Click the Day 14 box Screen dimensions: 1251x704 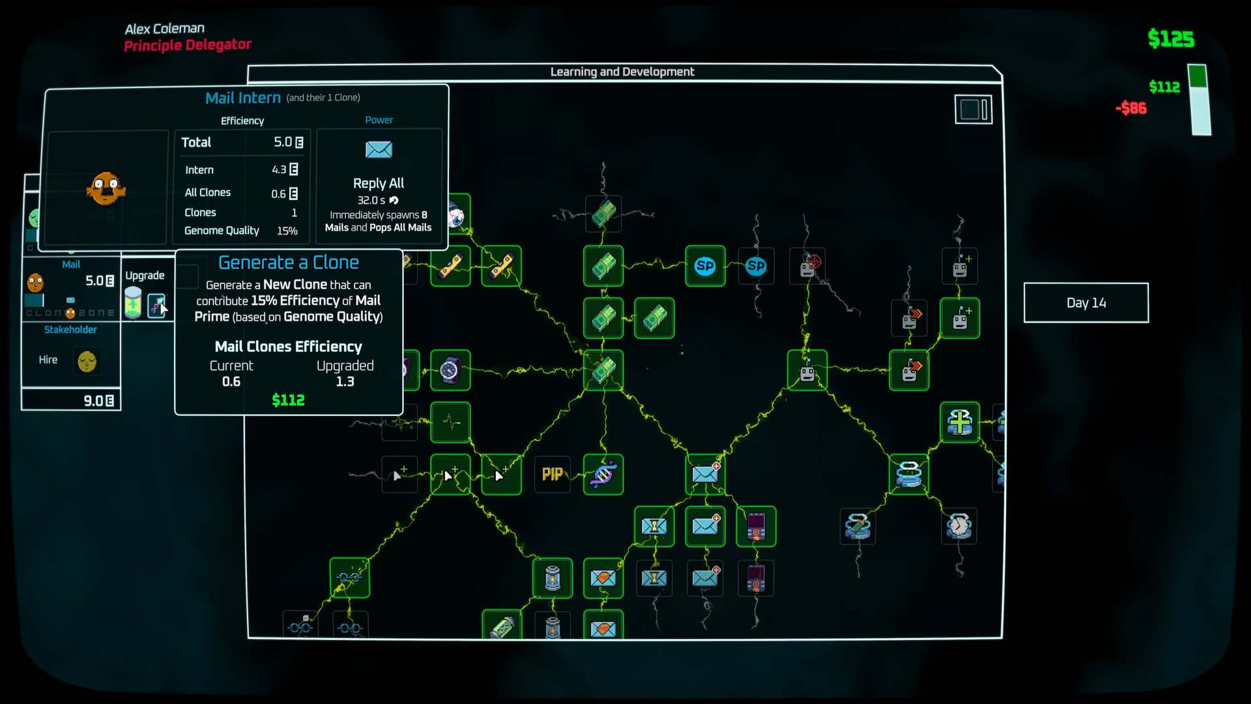tap(1086, 302)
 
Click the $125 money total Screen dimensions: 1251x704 tap(1171, 39)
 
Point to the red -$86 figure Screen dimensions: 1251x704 tap(1131, 108)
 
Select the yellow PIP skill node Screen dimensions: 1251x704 tap(552, 475)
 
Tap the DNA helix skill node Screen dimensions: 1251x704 tap(603, 475)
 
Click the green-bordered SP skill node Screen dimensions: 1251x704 tap(705, 266)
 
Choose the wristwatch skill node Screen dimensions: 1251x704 tap(450, 370)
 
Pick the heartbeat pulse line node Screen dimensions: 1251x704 tap(450, 422)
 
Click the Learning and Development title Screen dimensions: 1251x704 tap(622, 72)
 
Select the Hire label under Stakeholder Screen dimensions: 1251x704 tap(48, 360)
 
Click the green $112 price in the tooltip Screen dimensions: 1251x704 tap(288, 400)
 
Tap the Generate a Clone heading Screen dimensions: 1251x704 tap(289, 263)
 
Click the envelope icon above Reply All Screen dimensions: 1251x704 tap(379, 150)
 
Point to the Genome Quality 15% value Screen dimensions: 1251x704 tap(287, 231)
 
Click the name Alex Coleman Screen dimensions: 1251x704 tap(165, 29)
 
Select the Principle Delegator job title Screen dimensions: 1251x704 tap(188, 45)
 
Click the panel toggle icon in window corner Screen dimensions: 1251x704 tap(973, 110)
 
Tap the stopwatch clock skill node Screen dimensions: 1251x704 tap(959, 526)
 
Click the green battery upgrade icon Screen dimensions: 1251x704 tap(133, 302)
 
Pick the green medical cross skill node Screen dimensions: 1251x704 tap(960, 422)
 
